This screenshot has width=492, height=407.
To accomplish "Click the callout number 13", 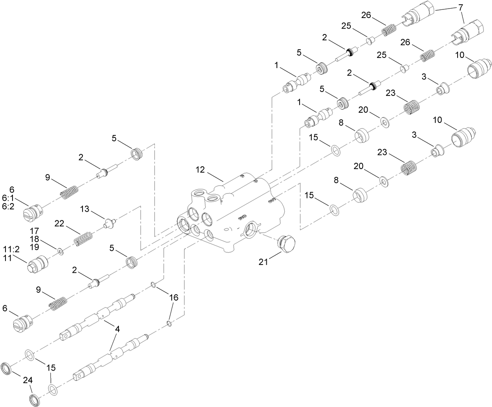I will (x=85, y=210).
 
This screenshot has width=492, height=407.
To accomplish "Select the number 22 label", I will (x=59, y=223).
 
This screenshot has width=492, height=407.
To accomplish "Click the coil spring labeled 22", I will (x=83, y=238).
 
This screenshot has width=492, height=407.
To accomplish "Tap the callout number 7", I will (x=461, y=7).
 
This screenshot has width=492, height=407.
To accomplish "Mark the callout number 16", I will (x=173, y=298).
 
